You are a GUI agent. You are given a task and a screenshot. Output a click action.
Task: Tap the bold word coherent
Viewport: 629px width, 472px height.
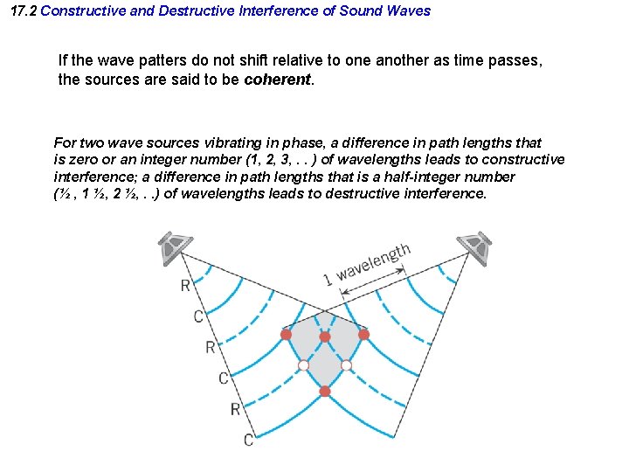tap(277, 79)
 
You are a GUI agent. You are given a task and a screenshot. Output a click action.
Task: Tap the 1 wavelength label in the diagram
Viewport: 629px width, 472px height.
tap(366, 265)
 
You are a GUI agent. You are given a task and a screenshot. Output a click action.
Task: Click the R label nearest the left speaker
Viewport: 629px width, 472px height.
tap(185, 285)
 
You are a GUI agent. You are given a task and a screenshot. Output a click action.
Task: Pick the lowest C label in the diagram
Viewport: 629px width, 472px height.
tap(248, 440)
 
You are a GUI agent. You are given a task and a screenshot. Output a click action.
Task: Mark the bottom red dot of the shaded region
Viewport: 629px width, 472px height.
tap(325, 391)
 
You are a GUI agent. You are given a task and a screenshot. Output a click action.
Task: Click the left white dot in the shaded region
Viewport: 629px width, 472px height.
tap(303, 364)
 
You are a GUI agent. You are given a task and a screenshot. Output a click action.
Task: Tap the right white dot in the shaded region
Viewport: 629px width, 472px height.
tap(346, 364)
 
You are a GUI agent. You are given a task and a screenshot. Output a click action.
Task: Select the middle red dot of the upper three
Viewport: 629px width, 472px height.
tap(325, 337)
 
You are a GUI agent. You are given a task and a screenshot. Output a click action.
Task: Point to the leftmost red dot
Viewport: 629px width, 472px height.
tap(286, 334)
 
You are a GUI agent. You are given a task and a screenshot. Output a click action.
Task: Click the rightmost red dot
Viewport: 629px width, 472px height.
tap(363, 334)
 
